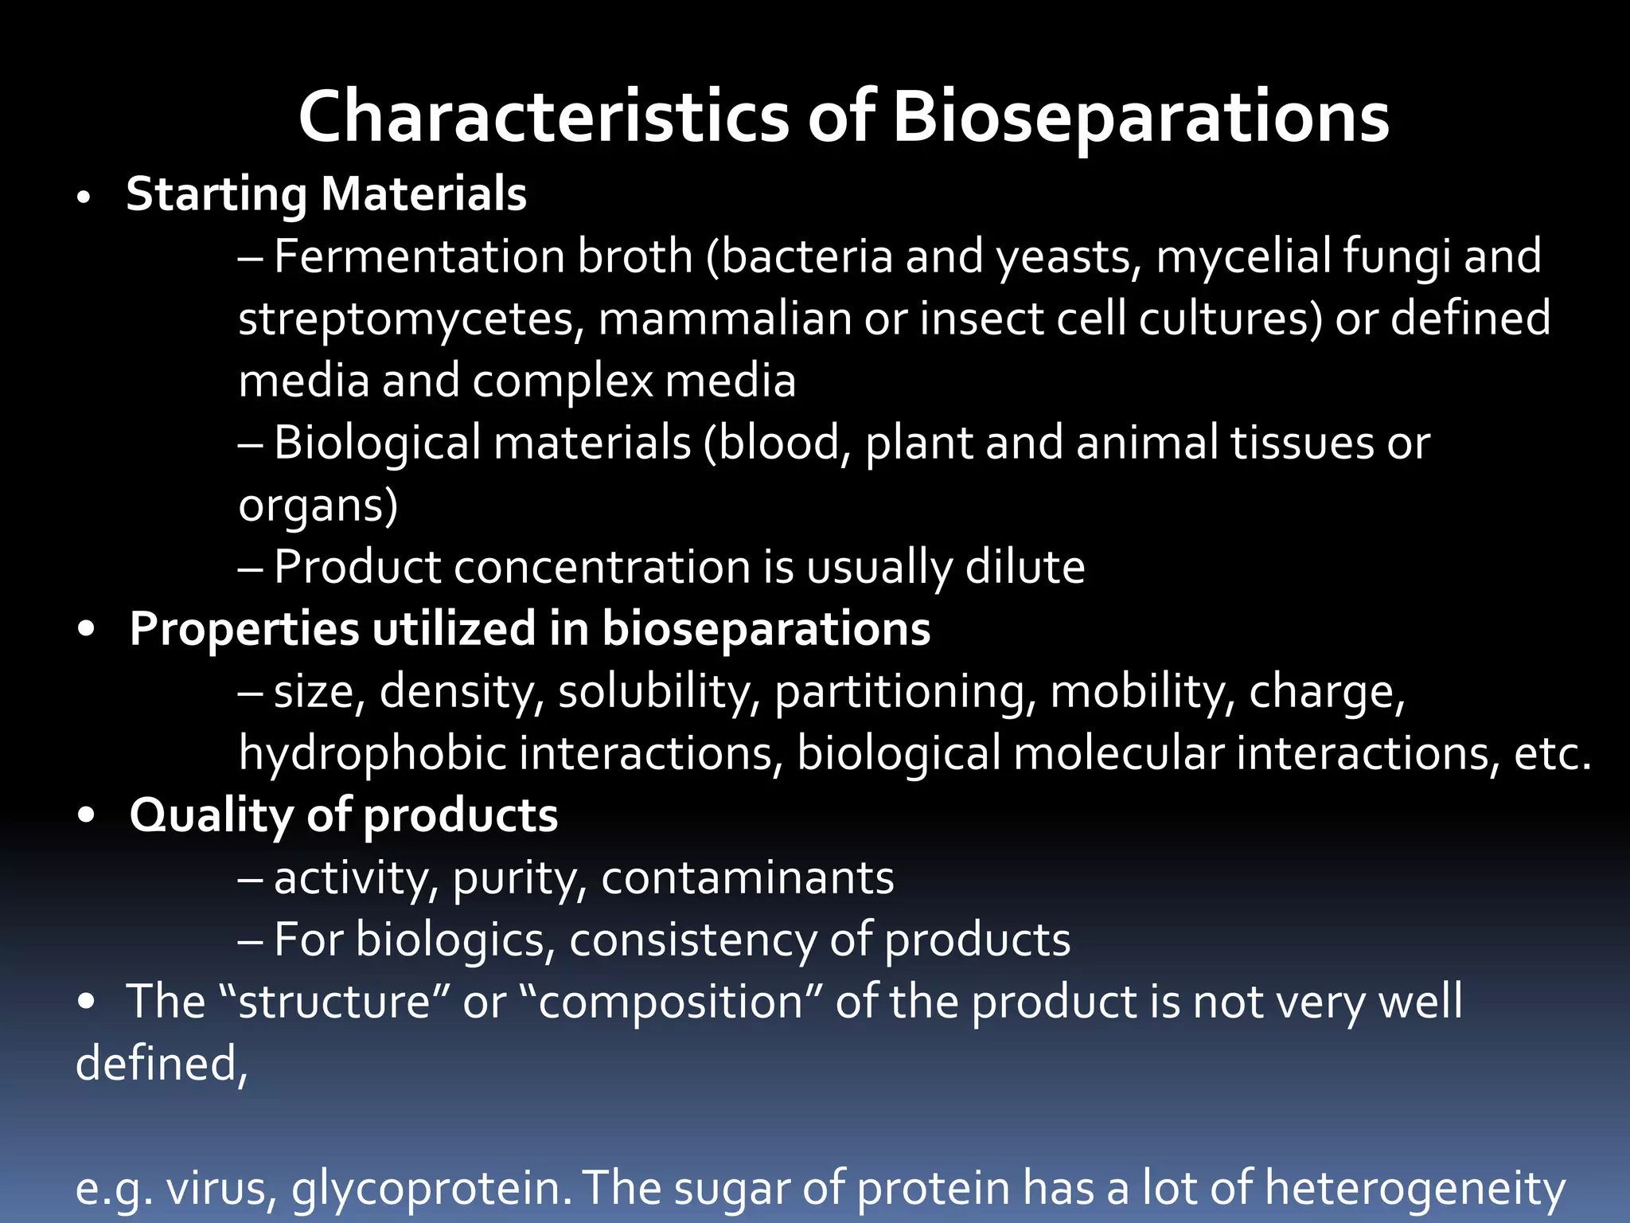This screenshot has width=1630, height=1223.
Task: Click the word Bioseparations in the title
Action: [1140, 117]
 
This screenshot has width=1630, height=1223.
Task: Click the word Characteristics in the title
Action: [544, 117]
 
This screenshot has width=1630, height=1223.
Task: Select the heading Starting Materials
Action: [326, 194]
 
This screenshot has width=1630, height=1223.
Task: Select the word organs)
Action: [318, 506]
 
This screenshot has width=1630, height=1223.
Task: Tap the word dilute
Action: [1025, 567]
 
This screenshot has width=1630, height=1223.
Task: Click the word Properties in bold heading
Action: [244, 629]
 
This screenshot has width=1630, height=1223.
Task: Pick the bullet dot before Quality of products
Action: [87, 816]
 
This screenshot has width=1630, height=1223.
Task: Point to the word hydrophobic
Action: [372, 753]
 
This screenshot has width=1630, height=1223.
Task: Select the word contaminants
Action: [747, 878]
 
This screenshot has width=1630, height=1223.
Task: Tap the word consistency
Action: [693, 940]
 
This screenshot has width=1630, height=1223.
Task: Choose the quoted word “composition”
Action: [670, 1002]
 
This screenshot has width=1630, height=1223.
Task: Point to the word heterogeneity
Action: [1414, 1189]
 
